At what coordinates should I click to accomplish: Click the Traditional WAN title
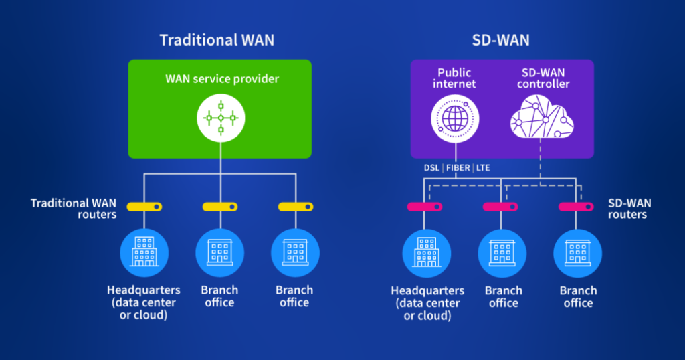[217, 40]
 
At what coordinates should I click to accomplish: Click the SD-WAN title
[501, 40]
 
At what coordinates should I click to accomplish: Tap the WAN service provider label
[222, 79]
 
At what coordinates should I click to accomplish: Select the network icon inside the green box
[221, 118]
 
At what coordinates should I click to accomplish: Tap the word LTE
[482, 167]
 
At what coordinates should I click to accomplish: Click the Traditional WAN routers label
[74, 209]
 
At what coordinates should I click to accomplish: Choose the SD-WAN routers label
[629, 209]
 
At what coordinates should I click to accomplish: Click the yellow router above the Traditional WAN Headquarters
[145, 207]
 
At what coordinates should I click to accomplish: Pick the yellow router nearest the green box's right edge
[295, 207]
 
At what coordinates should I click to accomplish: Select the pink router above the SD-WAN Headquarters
[425, 207]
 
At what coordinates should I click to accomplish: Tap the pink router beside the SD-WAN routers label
[576, 207]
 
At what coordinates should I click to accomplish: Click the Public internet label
[455, 78]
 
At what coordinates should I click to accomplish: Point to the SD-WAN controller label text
[543, 78]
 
